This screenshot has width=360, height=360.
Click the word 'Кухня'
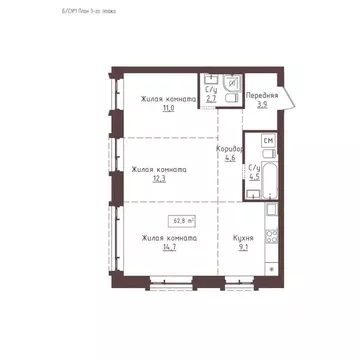point(242,239)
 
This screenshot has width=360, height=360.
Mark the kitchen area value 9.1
point(242,248)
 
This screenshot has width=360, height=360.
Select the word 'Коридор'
point(230,148)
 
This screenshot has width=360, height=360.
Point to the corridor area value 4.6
point(230,158)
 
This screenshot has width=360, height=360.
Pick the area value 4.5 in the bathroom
point(254,176)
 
